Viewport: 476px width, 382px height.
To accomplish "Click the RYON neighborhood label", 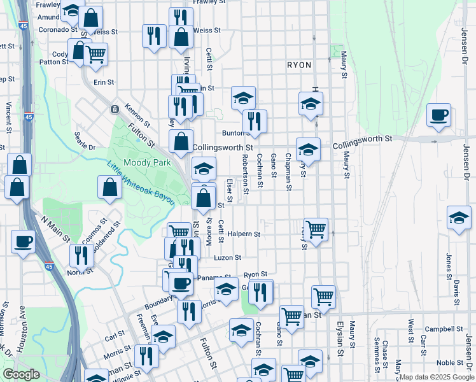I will [299, 65].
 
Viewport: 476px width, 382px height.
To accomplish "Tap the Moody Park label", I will [143, 162].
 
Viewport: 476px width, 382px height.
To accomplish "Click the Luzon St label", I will [228, 258].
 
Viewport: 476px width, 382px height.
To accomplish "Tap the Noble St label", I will [454, 362].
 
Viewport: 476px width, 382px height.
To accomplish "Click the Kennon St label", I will [137, 115].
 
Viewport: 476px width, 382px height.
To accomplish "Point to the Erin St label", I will [103, 82].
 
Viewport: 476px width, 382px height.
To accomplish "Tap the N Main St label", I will [55, 229].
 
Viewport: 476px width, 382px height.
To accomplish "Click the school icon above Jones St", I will [459, 219].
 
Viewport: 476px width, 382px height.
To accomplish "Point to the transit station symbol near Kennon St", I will [115, 109].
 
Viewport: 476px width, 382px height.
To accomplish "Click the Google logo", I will [21, 375].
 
